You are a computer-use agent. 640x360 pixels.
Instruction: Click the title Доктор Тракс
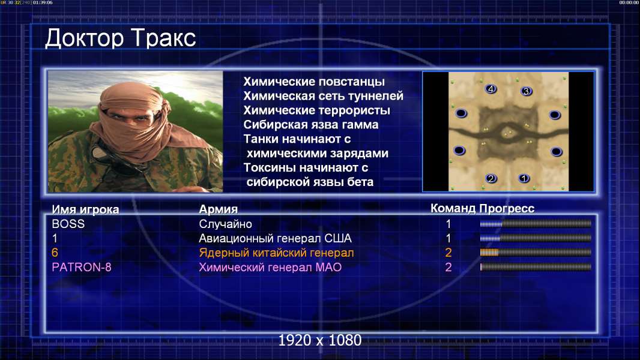121,38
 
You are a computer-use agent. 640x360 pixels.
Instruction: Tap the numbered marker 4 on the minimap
491,89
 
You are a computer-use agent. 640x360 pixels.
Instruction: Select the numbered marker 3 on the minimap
526,91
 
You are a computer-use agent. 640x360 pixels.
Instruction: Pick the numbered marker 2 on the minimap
491,178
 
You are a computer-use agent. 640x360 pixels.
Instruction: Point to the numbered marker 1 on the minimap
524,178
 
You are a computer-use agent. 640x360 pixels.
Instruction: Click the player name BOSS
68,224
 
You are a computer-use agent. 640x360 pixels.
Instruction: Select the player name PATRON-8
82,268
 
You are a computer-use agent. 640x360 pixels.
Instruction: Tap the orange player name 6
55,253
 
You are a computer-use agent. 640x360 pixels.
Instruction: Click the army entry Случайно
225,224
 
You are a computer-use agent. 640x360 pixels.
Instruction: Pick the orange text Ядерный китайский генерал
276,253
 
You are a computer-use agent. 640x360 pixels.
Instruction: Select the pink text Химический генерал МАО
270,268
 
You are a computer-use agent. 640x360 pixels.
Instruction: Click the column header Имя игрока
85,209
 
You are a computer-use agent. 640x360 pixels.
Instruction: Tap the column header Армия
218,209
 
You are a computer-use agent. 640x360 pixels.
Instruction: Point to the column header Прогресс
507,208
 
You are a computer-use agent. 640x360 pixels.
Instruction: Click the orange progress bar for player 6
536,253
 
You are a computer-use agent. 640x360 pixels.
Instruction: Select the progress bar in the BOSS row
536,224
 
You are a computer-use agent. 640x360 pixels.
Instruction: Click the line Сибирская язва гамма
310,125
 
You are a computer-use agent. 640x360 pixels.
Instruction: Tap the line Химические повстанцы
314,82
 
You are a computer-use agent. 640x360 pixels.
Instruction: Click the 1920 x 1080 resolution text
320,340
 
